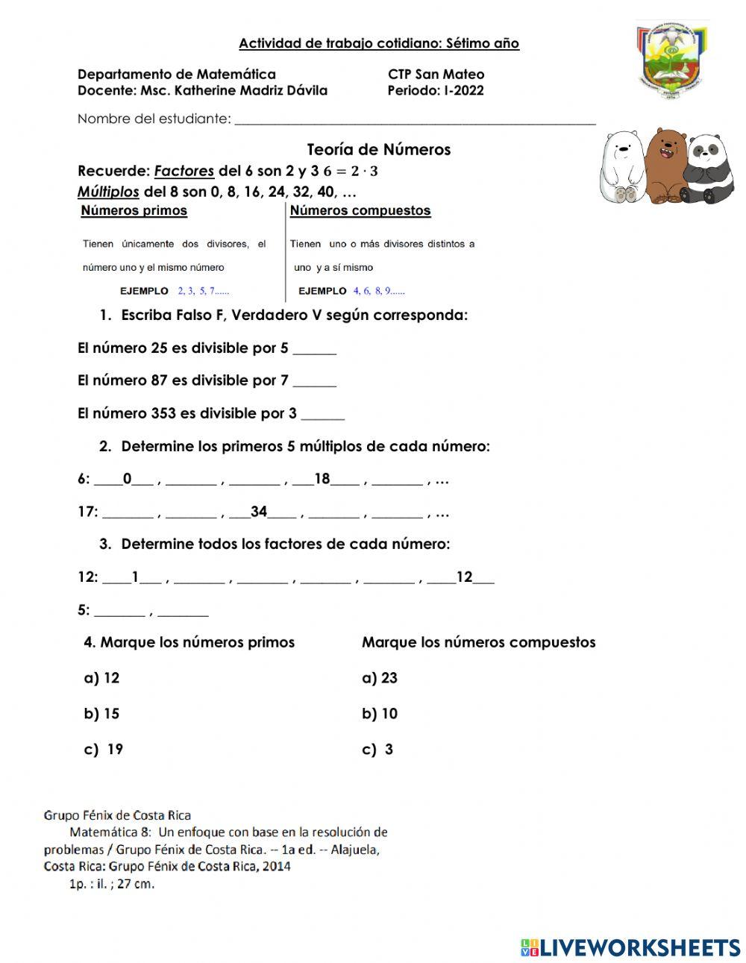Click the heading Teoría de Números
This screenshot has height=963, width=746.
click(379, 149)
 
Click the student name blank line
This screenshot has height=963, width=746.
click(415, 119)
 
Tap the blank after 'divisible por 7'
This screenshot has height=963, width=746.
click(314, 381)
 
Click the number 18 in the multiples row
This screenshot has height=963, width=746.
click(322, 479)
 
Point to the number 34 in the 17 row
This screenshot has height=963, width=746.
click(259, 512)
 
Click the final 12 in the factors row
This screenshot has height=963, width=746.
click(464, 577)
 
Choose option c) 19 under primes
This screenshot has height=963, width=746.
click(104, 750)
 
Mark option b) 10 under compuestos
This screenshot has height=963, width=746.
click(380, 714)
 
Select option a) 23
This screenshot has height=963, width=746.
click(380, 678)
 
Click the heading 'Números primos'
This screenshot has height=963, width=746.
click(134, 210)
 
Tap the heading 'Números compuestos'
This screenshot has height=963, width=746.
click(360, 210)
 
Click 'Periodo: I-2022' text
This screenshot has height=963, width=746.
click(436, 91)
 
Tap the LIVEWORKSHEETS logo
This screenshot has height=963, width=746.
click(630, 947)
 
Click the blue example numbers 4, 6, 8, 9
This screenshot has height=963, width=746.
click(379, 291)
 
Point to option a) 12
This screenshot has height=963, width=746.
click(101, 678)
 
